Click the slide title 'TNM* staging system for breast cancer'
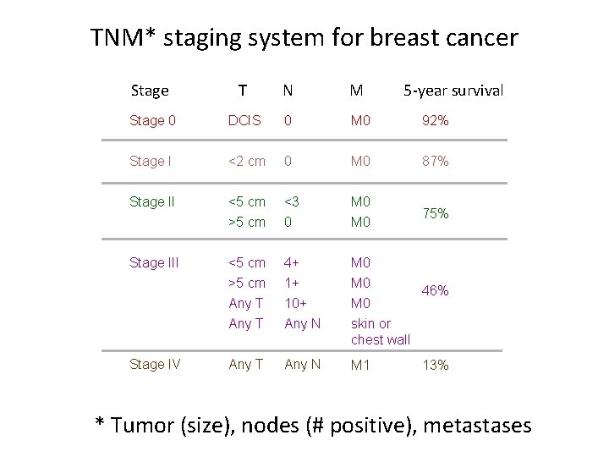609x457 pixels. click(x=304, y=38)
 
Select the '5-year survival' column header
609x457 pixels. click(x=453, y=90)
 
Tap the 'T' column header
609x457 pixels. click(x=243, y=90)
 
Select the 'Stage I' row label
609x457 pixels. click(x=150, y=161)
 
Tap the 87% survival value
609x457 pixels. click(x=435, y=161)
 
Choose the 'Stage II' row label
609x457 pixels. click(x=151, y=201)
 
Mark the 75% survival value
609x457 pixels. click(x=435, y=214)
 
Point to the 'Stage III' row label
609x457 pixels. click(x=154, y=262)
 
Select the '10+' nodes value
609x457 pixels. click(x=296, y=303)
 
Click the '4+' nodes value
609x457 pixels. click(x=293, y=262)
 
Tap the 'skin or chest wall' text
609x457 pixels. click(x=381, y=331)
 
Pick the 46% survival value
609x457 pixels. click(x=435, y=290)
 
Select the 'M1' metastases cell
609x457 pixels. click(x=361, y=365)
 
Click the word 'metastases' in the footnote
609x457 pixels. click(x=477, y=424)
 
